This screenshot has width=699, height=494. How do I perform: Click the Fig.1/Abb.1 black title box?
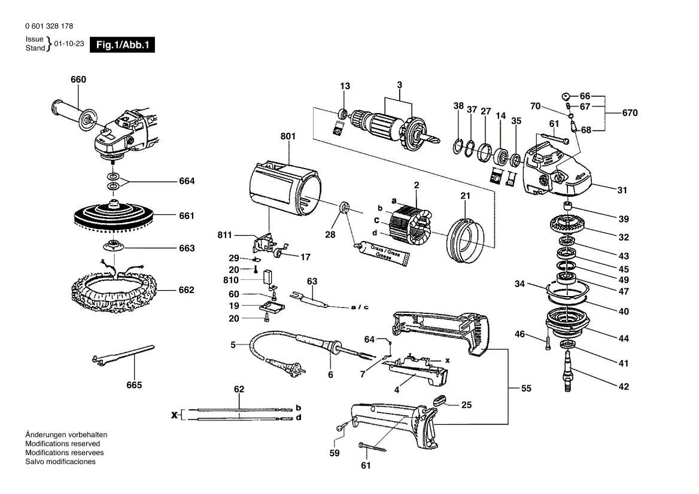(x=122, y=45)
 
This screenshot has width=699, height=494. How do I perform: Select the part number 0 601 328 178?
(x=50, y=27)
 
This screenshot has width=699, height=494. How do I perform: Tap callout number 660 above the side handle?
(x=78, y=80)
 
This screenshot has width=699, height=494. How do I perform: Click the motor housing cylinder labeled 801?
(x=281, y=186)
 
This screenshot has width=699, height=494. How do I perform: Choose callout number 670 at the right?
(x=630, y=112)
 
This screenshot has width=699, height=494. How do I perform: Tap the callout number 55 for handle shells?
(x=525, y=389)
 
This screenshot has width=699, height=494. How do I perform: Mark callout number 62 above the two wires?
(x=239, y=389)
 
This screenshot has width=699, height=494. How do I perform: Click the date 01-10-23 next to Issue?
(x=69, y=44)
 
